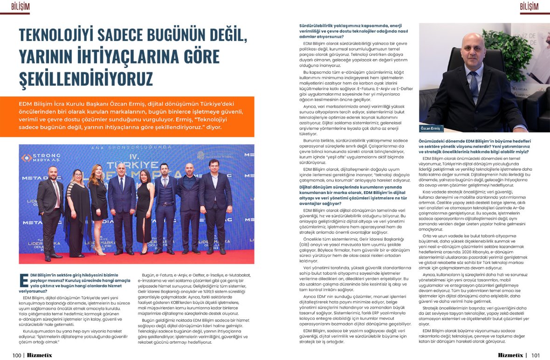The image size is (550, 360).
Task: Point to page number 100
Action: tap(17, 355)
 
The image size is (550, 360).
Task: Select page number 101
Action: tap(535, 355)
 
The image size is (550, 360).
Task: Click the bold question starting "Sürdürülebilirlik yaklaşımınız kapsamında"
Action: tap(351, 31)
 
